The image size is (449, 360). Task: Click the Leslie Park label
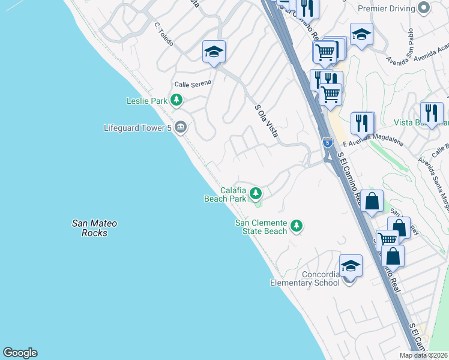146,101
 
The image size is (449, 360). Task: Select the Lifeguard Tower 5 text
137,127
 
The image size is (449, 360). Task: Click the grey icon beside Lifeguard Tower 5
181,127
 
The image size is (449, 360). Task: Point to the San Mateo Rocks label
94,228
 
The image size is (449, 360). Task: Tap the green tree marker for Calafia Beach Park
256,193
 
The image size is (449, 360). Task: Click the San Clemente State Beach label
261,227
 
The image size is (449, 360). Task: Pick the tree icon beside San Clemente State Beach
296,226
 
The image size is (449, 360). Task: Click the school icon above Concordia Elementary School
351,265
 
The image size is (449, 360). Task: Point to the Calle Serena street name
193,85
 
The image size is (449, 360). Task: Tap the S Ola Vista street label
266,121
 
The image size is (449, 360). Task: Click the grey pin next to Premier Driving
424,8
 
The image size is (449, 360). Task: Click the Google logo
20,353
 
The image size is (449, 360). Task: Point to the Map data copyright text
423,355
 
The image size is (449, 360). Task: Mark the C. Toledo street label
163,35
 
